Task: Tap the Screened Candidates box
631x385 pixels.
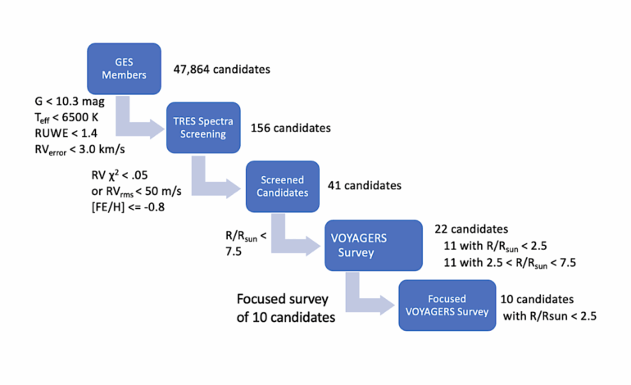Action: tap(282, 186)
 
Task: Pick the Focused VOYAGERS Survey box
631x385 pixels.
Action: tap(447, 305)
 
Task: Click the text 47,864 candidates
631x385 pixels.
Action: tap(221, 70)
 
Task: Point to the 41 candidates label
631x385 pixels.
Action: tap(364, 186)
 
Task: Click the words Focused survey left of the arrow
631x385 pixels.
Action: tap(275, 299)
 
